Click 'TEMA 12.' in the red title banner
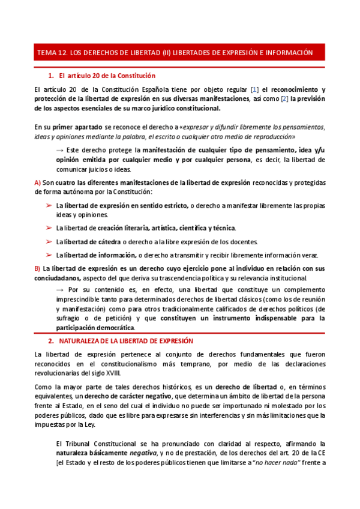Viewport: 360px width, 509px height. tap(52, 53)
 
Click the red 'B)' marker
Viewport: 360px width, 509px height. tap(37, 268)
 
